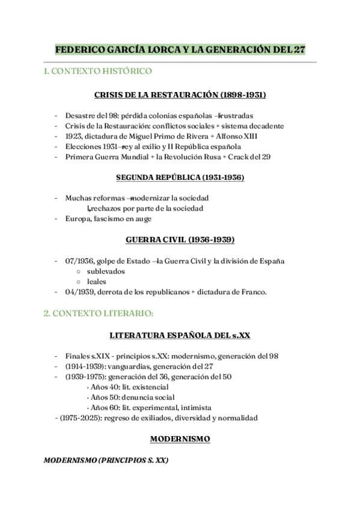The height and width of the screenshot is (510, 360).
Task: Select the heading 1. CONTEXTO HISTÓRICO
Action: (98, 72)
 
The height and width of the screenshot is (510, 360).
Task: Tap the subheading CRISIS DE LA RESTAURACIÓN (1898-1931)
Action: (180, 95)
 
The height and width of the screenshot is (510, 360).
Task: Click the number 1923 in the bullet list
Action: (74, 136)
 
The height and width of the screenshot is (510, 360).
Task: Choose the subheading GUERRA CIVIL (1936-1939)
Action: (180, 239)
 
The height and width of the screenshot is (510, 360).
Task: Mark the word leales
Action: (96, 281)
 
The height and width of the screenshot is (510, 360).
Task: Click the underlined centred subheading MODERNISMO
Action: (180, 439)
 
